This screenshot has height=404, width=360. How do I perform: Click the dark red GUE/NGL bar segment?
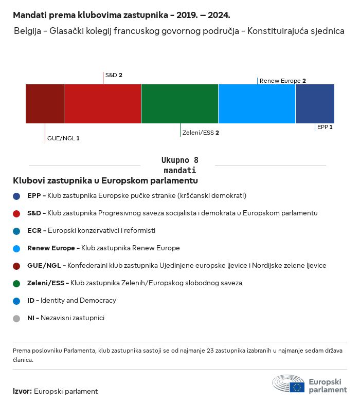coord(45,104)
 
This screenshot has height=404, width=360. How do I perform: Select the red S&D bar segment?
coord(102,104)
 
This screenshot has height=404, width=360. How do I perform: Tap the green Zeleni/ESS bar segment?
coord(179,104)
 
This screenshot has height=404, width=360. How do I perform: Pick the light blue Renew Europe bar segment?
coord(257,104)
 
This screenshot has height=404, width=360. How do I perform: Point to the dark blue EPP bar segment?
coord(315,104)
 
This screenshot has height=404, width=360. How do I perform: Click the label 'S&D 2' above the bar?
coord(114,75)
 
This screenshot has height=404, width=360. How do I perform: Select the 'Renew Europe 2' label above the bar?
coord(283,81)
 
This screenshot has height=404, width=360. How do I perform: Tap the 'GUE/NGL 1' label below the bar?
coord(63,138)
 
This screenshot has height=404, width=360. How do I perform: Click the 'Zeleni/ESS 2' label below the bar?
coord(201,133)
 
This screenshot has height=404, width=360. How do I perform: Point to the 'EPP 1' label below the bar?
coord(325,126)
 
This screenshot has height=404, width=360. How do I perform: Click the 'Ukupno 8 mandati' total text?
coord(179,165)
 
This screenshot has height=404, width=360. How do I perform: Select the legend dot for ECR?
coord(16,231)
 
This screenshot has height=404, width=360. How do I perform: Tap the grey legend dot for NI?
coord(16,318)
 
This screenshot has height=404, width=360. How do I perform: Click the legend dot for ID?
coord(16,301)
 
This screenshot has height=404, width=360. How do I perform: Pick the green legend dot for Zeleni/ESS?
coord(16,283)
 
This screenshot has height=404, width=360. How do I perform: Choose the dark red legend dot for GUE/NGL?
coord(16,266)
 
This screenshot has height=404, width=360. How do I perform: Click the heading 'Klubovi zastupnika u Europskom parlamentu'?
coord(105,181)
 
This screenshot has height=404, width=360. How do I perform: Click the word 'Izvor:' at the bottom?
coord(22,391)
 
